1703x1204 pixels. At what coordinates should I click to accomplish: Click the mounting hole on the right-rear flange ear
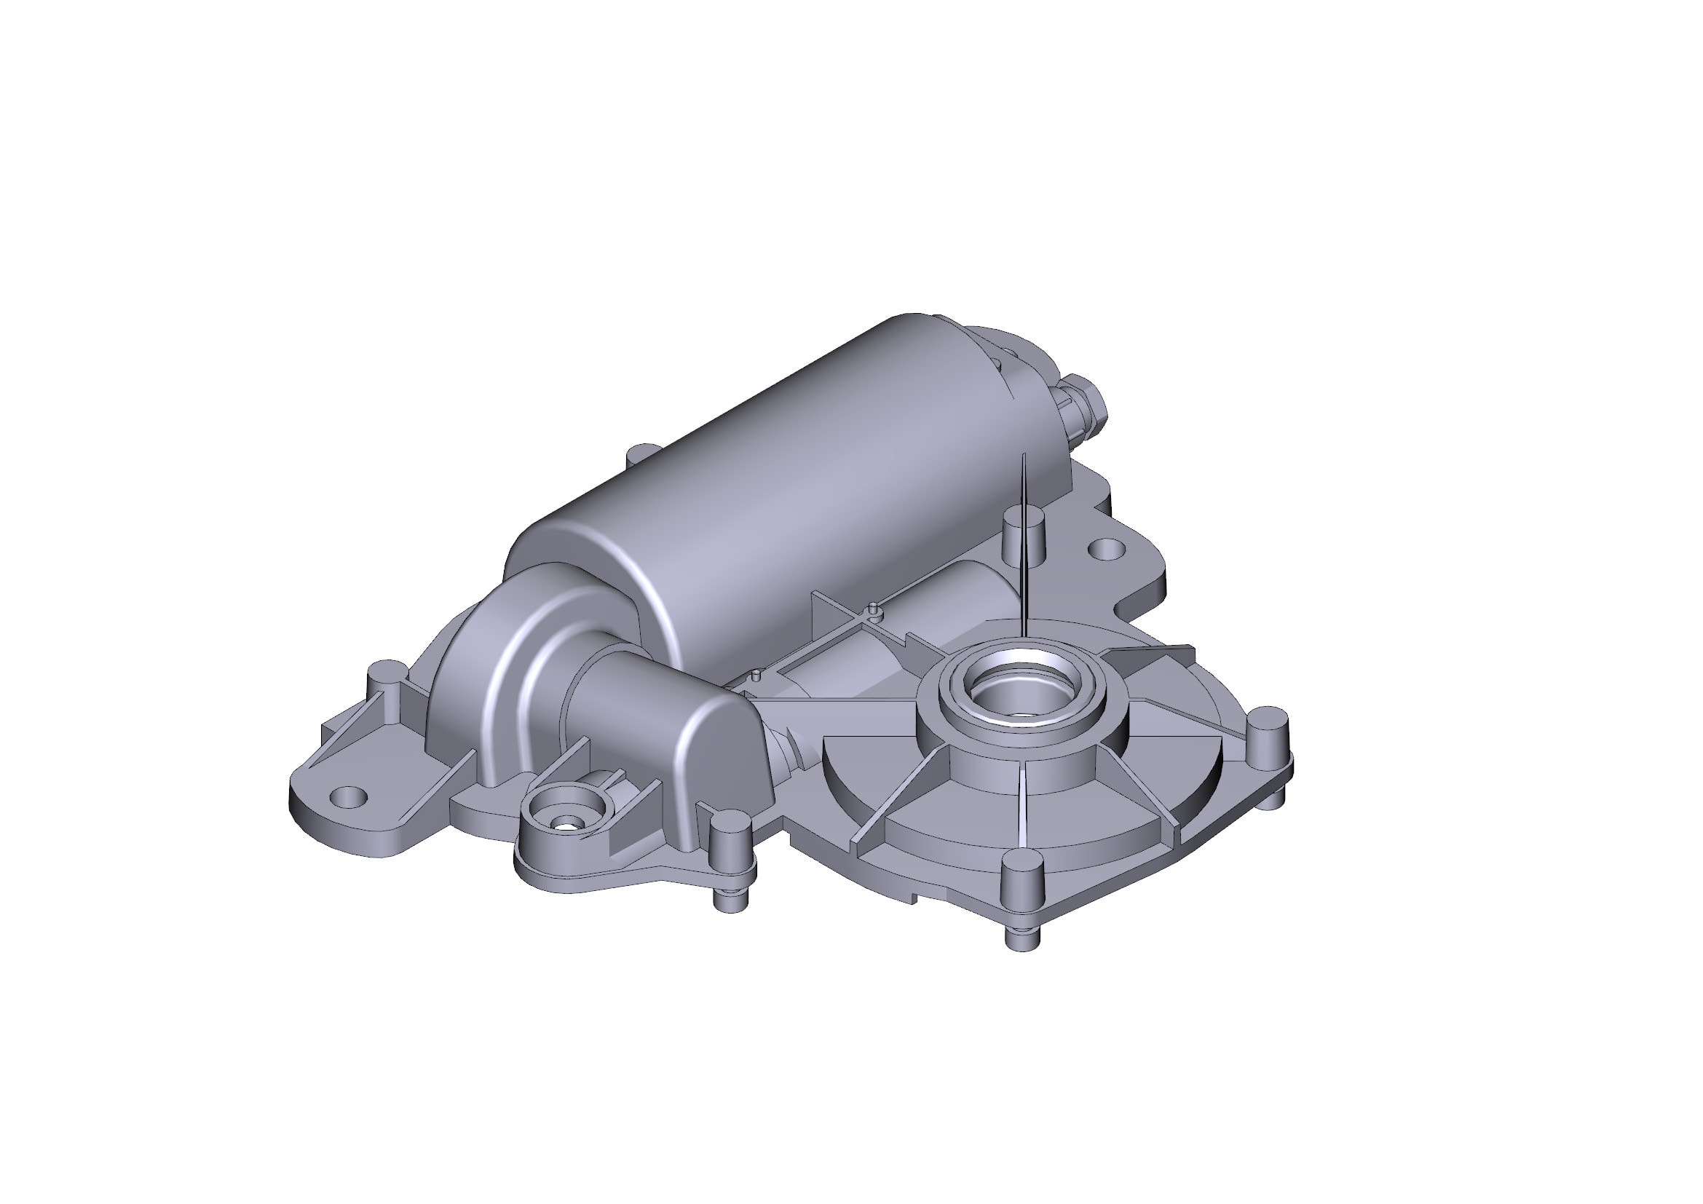point(1107,550)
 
